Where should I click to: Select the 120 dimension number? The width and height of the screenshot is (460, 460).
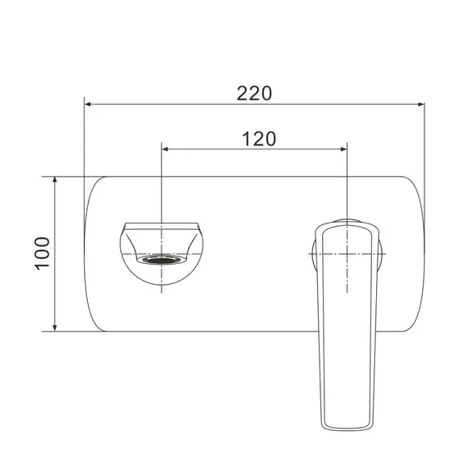pos(259,138)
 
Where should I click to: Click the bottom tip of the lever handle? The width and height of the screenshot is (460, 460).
pos(347,429)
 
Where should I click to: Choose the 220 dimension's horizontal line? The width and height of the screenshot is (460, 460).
pos(161,104)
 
